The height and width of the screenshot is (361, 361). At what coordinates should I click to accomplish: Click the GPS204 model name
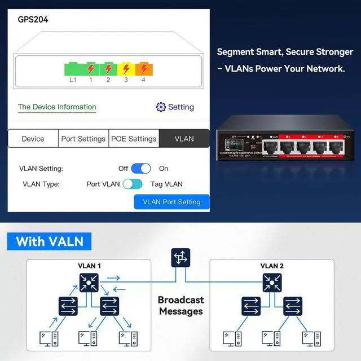(33, 20)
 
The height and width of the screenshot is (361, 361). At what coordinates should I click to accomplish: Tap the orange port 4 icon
(143, 69)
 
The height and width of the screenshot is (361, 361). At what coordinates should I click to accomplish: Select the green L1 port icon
(73, 69)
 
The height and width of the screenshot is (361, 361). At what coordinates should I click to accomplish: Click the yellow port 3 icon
(126, 69)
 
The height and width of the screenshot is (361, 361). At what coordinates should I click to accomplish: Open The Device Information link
(57, 107)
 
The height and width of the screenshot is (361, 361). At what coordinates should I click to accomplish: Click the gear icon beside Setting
(161, 107)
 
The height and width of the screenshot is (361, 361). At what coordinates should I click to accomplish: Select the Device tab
(33, 139)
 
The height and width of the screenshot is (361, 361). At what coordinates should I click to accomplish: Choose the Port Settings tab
(83, 139)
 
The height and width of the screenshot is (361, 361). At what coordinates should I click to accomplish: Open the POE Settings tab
(134, 139)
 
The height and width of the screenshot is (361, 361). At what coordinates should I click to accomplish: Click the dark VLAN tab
(184, 139)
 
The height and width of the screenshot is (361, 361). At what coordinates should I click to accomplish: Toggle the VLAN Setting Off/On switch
(141, 168)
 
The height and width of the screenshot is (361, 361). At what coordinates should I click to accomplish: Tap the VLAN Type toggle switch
(133, 184)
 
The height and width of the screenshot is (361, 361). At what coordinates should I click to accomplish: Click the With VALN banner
(50, 242)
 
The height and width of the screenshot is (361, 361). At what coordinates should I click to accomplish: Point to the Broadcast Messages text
(180, 306)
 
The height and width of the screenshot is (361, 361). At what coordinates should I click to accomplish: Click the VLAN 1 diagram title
(89, 266)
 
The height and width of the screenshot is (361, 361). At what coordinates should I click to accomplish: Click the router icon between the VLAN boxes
(180, 258)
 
